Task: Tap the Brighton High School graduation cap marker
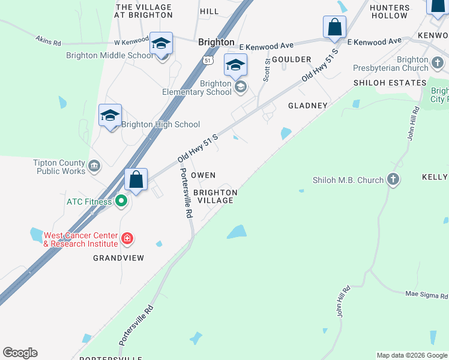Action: coord(110,116)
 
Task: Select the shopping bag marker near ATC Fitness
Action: coord(136,180)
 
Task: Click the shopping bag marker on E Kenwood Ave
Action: coord(334,28)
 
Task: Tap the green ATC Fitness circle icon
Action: coord(121,202)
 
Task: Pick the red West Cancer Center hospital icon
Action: coord(127,239)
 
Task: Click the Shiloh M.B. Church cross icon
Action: coord(393,179)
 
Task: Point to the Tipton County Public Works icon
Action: coord(94,166)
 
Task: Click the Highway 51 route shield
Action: coord(208,61)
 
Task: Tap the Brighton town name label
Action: coord(216,43)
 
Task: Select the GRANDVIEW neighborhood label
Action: coord(119,258)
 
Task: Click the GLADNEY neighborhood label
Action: coord(308,106)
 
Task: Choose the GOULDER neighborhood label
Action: coord(291,59)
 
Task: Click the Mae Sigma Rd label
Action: coord(427,295)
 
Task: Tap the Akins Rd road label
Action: coord(49,41)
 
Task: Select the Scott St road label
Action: coord(267,71)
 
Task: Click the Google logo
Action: coord(20,353)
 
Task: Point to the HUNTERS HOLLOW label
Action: coord(389,11)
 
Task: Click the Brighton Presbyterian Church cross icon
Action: coord(438,62)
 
